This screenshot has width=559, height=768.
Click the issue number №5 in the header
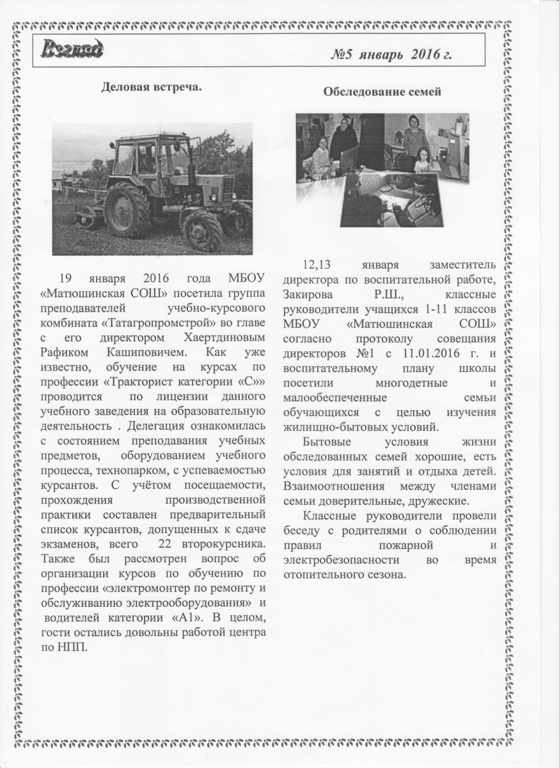(343, 55)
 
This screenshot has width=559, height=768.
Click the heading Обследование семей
(382, 92)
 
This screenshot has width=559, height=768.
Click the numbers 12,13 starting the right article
(317, 264)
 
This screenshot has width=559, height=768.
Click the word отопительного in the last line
(316, 574)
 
